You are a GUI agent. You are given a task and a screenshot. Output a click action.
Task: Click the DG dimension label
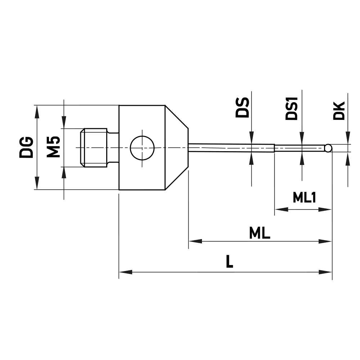(26, 147)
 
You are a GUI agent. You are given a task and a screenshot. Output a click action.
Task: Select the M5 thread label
(54, 147)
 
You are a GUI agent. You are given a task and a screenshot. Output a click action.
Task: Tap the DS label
(242, 107)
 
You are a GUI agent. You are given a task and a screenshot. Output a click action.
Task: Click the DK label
(339, 111)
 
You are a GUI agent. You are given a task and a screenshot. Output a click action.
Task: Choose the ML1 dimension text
(304, 197)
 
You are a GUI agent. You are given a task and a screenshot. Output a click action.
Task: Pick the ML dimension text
(260, 234)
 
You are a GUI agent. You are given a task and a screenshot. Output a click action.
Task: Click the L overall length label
(229, 262)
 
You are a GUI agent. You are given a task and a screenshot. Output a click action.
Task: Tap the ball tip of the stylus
(328, 148)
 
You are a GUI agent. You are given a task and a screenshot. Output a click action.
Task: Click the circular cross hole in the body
(142, 148)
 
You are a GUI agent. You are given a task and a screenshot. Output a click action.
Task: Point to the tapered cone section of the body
(176, 148)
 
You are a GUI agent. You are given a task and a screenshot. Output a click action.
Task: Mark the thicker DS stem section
(230, 148)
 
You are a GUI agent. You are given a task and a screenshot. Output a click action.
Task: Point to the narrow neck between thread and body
(113, 148)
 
